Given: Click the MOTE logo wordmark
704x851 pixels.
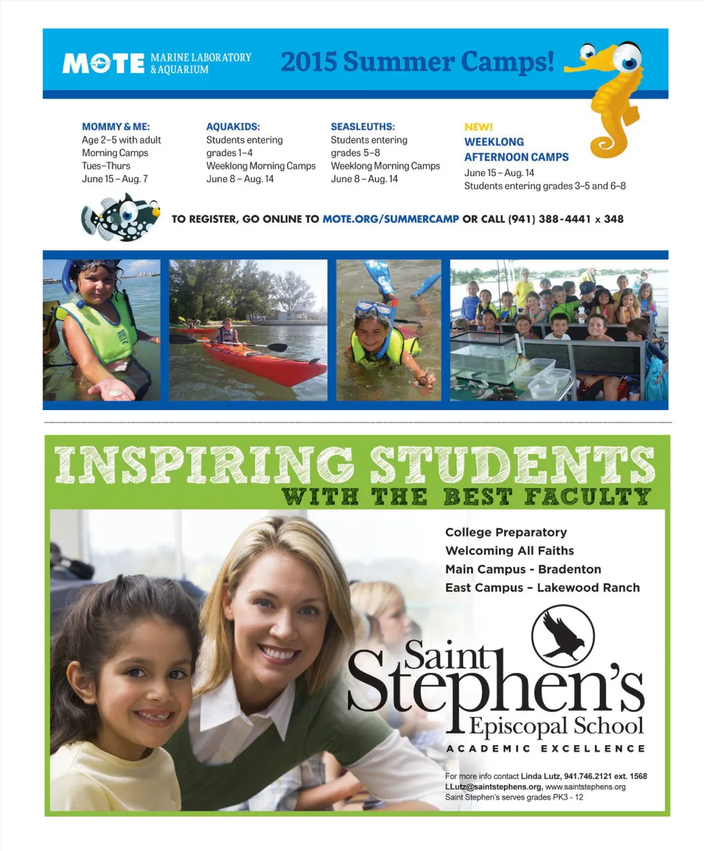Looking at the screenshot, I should pyautogui.click(x=103, y=63).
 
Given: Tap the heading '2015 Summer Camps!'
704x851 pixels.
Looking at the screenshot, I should pyautogui.click(x=417, y=62).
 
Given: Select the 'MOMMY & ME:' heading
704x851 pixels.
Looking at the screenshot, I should pyautogui.click(x=115, y=127).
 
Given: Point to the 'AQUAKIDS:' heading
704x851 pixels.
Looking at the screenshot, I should pyautogui.click(x=233, y=127).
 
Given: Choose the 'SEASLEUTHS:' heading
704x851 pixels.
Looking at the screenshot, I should pyautogui.click(x=362, y=127).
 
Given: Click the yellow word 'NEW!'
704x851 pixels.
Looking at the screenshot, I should pyautogui.click(x=478, y=127).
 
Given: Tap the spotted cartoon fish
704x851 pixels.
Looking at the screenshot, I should pyautogui.click(x=122, y=217).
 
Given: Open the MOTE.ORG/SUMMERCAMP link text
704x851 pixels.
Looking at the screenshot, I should pyautogui.click(x=390, y=219).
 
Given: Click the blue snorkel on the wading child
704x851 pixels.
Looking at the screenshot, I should pyautogui.click(x=67, y=282).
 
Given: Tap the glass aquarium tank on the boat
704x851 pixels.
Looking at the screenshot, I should pyautogui.click(x=485, y=354).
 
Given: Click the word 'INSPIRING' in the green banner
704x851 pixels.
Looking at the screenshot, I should pyautogui.click(x=203, y=465).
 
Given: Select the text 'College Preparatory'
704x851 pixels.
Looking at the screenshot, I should pyautogui.click(x=506, y=532).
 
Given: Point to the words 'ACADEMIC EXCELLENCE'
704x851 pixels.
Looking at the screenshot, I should pyautogui.click(x=546, y=748).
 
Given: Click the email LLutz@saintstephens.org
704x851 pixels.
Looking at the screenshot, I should pyautogui.click(x=493, y=786).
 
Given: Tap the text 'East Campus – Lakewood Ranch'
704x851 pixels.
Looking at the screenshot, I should pyautogui.click(x=542, y=588).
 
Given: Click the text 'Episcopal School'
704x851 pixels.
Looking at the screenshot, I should pyautogui.click(x=557, y=726).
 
